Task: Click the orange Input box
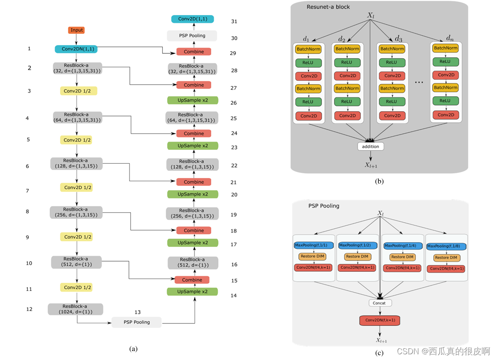(x=76, y=30)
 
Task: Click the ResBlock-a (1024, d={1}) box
(x=75, y=309)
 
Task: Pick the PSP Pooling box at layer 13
(x=136, y=322)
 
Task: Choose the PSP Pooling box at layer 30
(x=192, y=35)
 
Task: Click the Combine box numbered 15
(x=192, y=280)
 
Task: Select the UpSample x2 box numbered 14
(x=192, y=292)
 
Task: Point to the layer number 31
(x=234, y=22)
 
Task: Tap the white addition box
(x=370, y=146)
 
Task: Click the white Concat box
(x=379, y=303)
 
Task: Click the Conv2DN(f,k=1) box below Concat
(x=380, y=320)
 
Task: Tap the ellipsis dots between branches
(x=419, y=82)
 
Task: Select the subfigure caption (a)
(x=134, y=349)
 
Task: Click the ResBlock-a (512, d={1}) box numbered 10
(x=76, y=262)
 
